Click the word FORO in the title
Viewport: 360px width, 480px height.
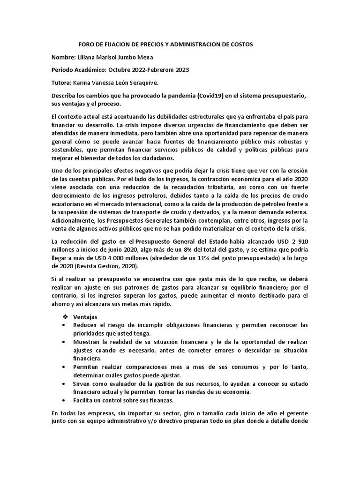pyautogui.click(x=85, y=44)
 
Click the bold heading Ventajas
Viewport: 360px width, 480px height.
pyautogui.click(x=85, y=317)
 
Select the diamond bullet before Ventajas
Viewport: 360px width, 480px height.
pyautogui.click(x=66, y=317)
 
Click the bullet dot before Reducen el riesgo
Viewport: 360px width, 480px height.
pyautogui.click(x=64, y=325)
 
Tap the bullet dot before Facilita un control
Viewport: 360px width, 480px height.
pyautogui.click(x=64, y=400)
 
